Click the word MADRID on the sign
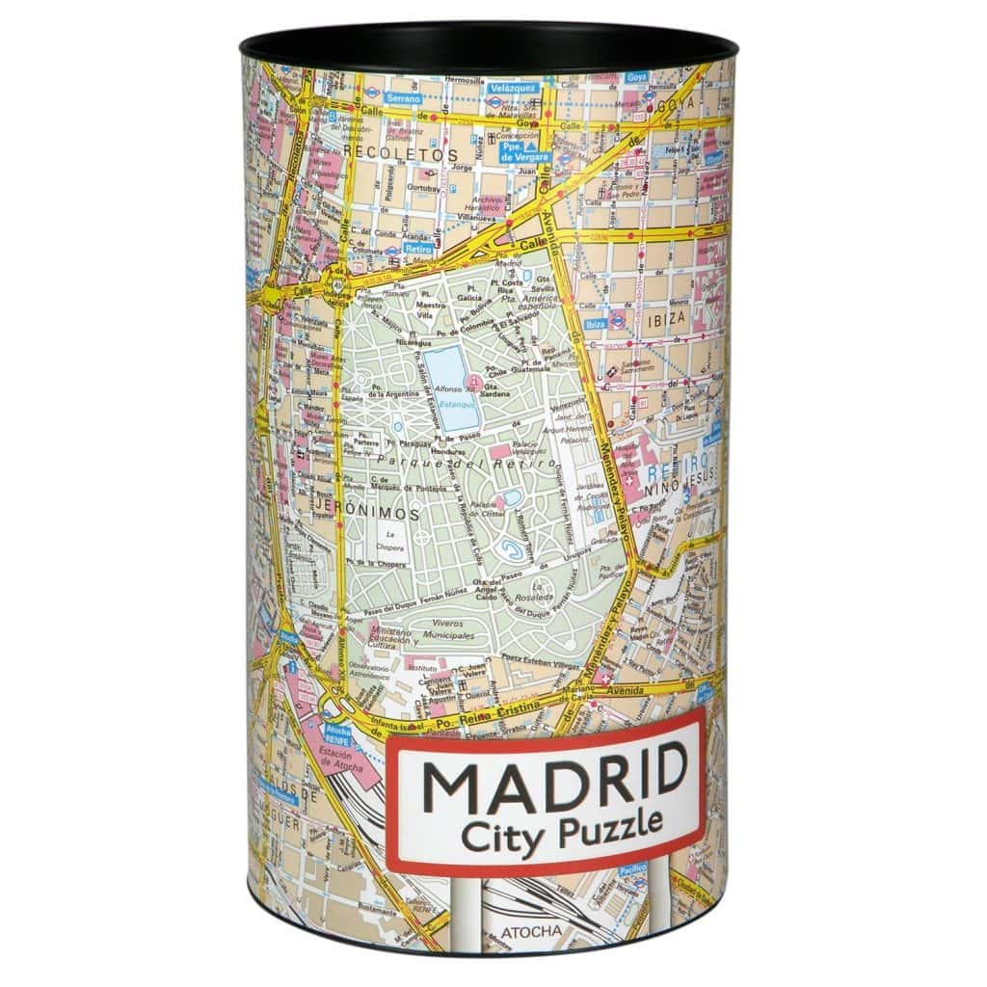point(553,778)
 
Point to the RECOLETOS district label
point(403,153)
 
